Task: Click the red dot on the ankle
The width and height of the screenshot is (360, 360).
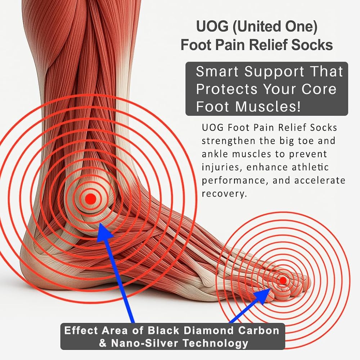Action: click(x=90, y=198)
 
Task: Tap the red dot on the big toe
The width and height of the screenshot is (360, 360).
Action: click(x=283, y=280)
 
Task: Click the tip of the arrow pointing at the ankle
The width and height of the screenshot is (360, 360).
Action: click(x=100, y=224)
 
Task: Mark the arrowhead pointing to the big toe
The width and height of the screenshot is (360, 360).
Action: click(x=268, y=291)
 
